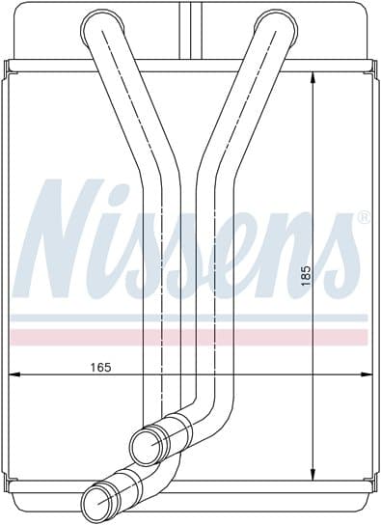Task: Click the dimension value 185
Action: pos(306,276)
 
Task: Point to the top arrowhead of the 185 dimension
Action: pos(313,79)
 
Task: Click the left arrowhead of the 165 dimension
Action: pos(14,374)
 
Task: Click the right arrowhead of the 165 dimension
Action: pos(367,374)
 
